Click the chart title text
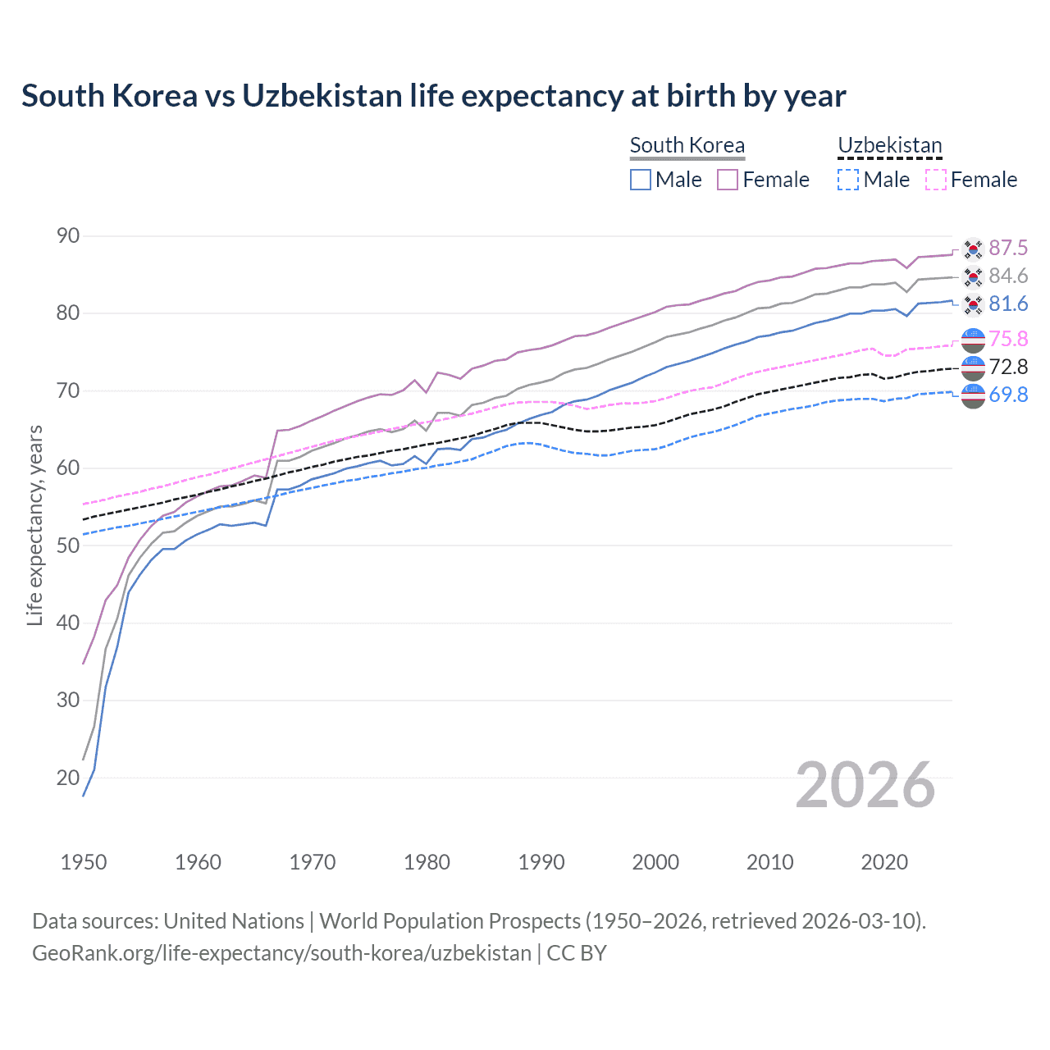tap(433, 96)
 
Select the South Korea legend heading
tap(687, 145)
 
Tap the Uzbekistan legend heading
tap(889, 145)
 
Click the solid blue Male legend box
tap(641, 180)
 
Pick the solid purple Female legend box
tap(728, 180)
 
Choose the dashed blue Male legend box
tap(848, 180)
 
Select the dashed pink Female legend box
tap(936, 180)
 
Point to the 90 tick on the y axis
tap(68, 236)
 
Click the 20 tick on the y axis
tap(68, 778)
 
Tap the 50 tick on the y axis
tap(68, 546)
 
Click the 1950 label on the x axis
tap(84, 862)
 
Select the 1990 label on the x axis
tap(541, 862)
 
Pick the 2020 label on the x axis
tap(884, 862)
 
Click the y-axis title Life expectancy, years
tap(34, 525)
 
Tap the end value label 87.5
tap(1008, 248)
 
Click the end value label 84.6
tap(1008, 276)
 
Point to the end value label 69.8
tap(1008, 395)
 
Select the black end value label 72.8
tap(1008, 367)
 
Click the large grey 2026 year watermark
tap(865, 785)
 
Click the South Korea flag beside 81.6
tap(973, 304)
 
